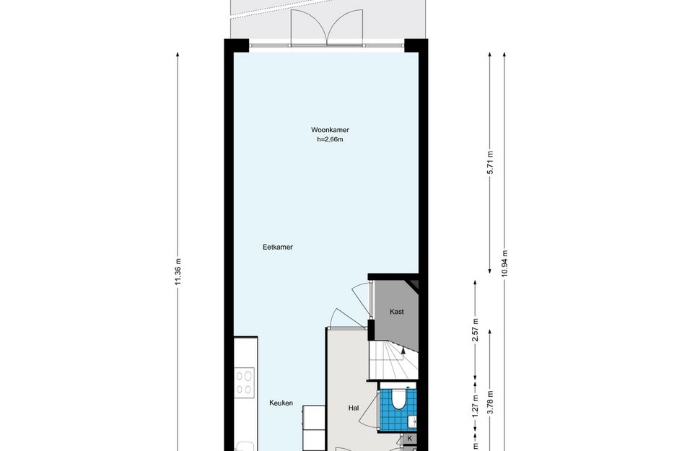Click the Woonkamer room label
330,130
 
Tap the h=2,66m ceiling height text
330,139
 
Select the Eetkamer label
278,247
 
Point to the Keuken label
281,403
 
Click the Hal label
353,408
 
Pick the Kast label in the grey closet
397,312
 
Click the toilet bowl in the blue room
398,400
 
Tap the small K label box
409,439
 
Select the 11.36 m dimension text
178,272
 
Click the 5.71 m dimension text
490,162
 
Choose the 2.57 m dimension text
476,330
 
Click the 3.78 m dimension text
490,403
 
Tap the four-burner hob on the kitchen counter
245,382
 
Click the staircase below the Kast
393,360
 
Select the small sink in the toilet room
411,421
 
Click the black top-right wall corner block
416,45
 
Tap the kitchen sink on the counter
245,447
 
